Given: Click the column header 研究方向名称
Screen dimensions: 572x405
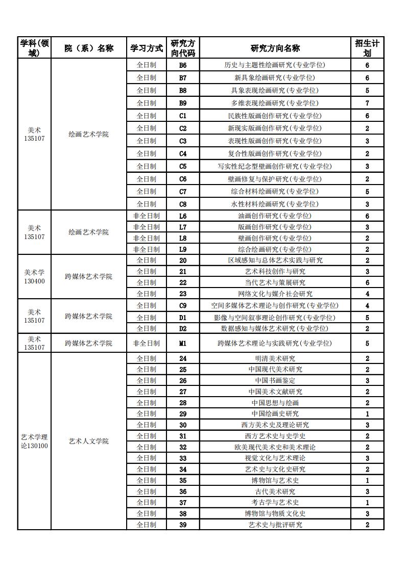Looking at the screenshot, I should coord(275,48).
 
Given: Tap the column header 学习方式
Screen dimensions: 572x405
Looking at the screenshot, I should coord(146,48).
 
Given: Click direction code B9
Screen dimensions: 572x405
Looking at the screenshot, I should coord(183,103).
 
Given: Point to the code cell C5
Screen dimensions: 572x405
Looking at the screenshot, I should coord(183,166).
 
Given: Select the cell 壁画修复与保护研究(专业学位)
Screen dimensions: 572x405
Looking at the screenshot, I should coord(275,179).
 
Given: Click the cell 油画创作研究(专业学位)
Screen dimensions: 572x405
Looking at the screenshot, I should coord(275,216).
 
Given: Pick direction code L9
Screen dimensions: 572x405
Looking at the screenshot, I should coord(183,249).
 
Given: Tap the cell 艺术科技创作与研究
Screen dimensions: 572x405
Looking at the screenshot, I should coord(275,271).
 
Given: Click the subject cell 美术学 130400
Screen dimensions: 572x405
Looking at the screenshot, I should coord(35,276).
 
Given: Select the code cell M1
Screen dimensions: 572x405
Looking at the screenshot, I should coord(183,343).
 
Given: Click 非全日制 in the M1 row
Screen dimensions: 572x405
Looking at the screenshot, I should coord(146,343).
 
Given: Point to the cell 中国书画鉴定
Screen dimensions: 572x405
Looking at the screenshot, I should coord(275,380).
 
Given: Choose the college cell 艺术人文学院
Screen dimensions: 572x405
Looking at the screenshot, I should coord(88,441).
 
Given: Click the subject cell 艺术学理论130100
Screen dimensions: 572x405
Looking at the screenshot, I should coord(35,441).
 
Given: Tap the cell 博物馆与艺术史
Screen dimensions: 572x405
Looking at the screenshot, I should coord(275,480).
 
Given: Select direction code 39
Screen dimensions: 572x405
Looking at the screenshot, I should coord(183,525).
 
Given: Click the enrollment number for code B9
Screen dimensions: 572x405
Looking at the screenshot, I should coord(367,103).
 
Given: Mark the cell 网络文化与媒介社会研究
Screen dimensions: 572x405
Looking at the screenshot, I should coord(275,294).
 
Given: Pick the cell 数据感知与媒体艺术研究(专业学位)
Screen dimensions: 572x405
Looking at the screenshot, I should coord(275,328).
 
